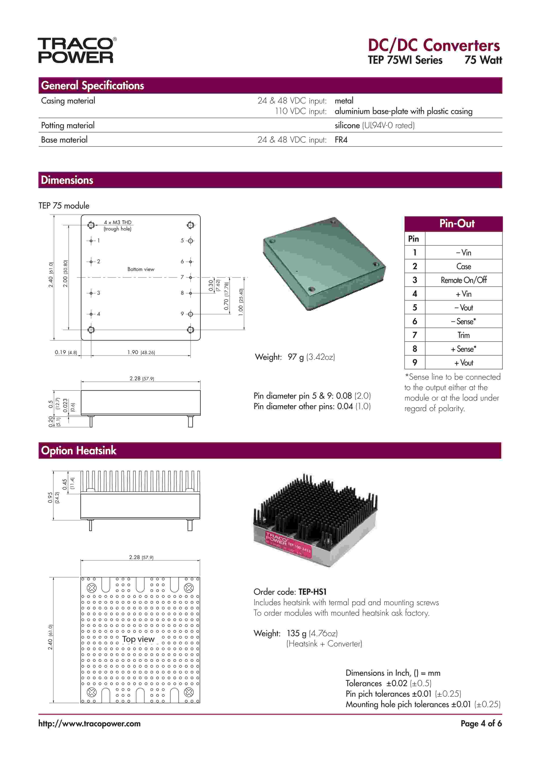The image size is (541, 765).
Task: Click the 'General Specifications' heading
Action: pos(92,86)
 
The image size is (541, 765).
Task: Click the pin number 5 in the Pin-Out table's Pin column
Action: pos(415,308)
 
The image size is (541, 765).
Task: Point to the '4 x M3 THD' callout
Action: pos(118,222)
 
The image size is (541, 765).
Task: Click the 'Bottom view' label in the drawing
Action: pos(141,269)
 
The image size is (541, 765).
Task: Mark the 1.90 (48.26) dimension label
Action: pos(141,352)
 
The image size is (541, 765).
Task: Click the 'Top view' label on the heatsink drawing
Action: pos(138,639)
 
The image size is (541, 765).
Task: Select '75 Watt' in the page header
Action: pos(483,60)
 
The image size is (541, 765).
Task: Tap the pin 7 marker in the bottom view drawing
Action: pos(191,277)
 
